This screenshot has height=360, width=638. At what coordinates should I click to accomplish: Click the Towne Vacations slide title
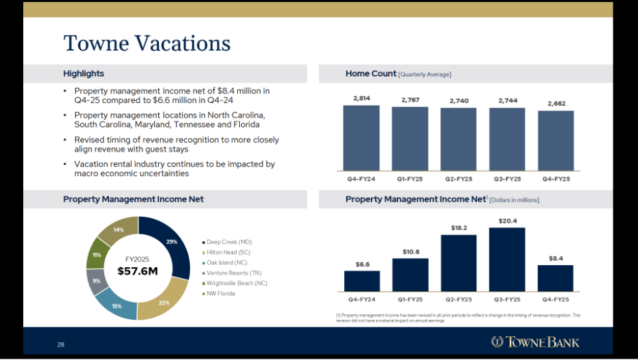tap(147, 44)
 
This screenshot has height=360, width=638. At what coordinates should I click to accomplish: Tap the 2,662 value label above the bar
tap(556, 104)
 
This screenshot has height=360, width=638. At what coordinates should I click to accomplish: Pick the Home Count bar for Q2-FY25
tap(458, 139)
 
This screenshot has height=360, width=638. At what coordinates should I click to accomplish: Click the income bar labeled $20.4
tap(506, 259)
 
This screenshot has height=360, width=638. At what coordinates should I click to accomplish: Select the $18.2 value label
tap(458, 227)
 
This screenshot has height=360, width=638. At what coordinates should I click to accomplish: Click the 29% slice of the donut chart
tap(171, 242)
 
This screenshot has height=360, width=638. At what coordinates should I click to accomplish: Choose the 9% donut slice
tap(96, 281)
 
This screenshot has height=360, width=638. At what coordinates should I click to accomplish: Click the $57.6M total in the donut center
tap(137, 271)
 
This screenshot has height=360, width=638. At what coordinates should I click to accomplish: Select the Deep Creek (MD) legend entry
tap(228, 242)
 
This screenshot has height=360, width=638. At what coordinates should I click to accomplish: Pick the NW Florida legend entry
tap(222, 293)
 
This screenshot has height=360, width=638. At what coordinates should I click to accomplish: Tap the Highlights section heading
tap(84, 74)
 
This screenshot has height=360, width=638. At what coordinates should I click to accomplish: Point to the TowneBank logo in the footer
tap(536, 342)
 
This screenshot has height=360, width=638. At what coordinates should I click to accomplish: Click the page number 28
tap(61, 345)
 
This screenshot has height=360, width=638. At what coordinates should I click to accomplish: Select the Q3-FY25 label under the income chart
tap(506, 299)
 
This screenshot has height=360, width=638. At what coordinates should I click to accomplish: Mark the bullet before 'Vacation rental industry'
tap(65, 164)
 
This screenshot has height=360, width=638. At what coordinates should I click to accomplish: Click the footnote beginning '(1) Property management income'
tap(458, 318)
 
